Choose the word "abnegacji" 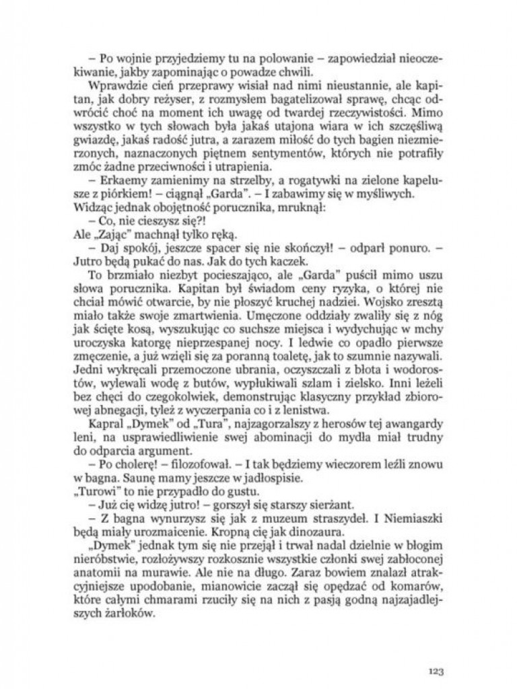click(x=113, y=411)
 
